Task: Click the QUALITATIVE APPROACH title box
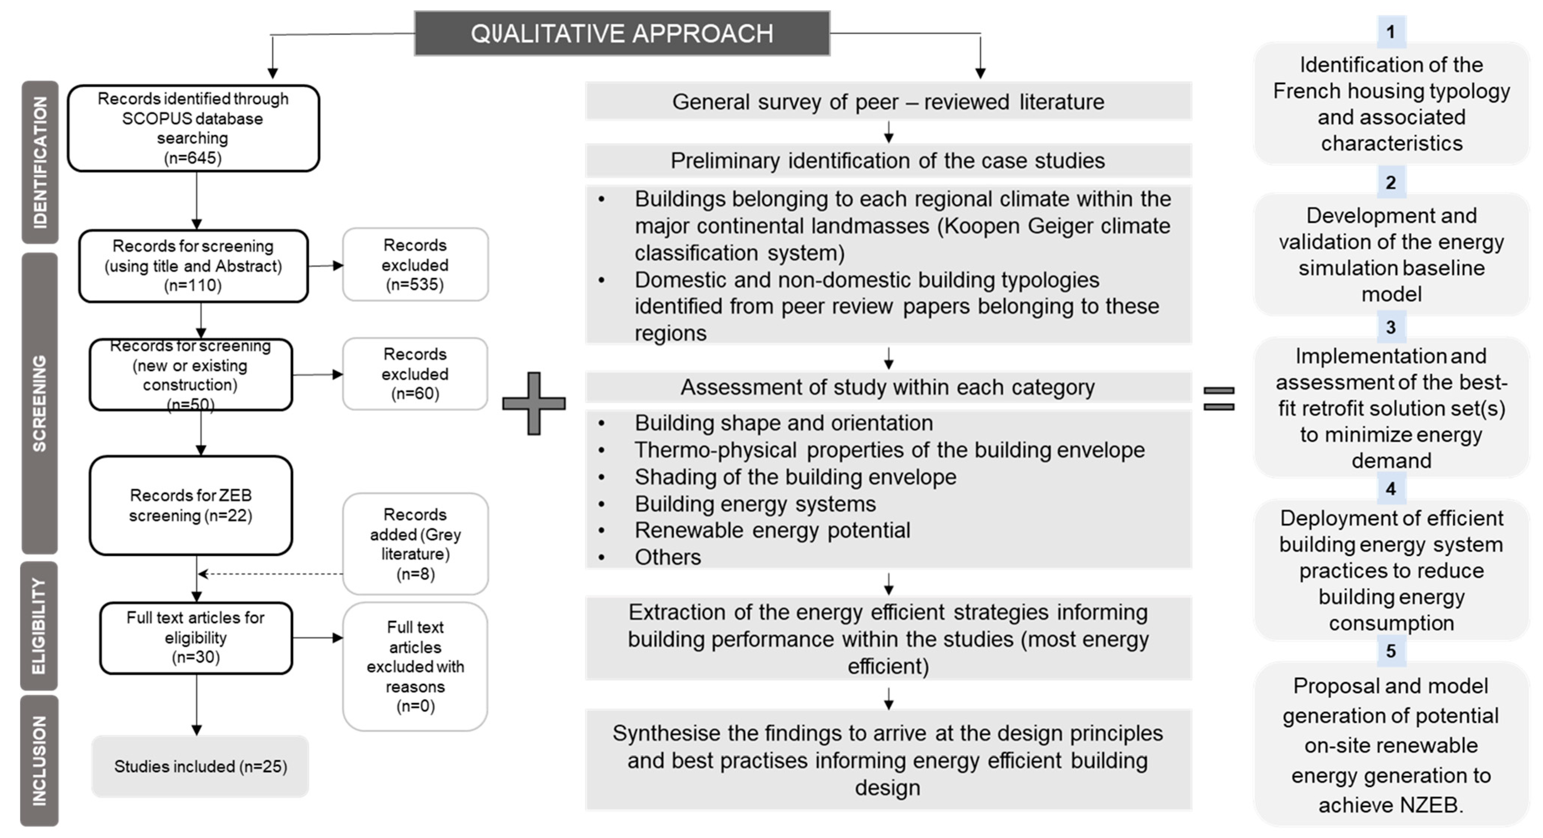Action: (622, 34)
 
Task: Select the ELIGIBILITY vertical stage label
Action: (39, 626)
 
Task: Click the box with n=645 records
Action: (193, 128)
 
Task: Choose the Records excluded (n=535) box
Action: (415, 265)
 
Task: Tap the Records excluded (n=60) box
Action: (415, 374)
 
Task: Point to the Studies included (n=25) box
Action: (200, 766)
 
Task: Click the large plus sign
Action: (534, 403)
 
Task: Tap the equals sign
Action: (1219, 398)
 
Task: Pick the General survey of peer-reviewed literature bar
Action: (888, 102)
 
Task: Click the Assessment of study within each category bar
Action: (888, 387)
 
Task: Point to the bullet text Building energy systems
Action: (755, 504)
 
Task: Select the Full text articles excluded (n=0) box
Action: (415, 666)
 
